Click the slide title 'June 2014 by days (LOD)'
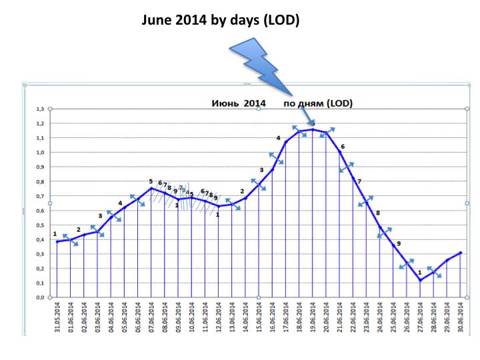coord(221,21)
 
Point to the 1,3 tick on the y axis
coord(41,109)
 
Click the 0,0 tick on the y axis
coord(41,297)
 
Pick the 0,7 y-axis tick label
coord(41,196)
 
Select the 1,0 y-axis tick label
coord(41,152)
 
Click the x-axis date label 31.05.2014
coord(57,317)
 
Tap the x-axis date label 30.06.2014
coord(461,317)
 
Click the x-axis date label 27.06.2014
coord(421,317)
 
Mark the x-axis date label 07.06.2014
coord(151,317)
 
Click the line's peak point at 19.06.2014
coord(313,129)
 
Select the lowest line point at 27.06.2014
coord(421,281)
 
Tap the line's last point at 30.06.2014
coord(461,253)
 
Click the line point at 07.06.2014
coord(151,189)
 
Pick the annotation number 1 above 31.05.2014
coord(55,233)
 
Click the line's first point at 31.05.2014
coord(57,241)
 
